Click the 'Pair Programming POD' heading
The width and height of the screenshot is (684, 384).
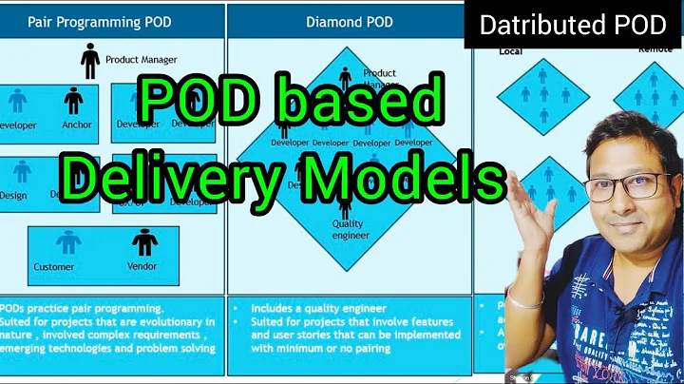100,20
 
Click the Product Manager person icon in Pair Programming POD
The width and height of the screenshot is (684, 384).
90,61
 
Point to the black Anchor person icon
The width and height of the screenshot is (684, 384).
73,101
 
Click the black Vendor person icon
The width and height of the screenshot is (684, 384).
143,243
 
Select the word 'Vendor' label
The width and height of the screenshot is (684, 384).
142,267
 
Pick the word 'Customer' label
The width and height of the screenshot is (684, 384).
55,267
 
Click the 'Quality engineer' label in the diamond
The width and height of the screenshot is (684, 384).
347,230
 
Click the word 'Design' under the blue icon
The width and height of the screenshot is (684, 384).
13,196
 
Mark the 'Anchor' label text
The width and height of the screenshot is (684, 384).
77,125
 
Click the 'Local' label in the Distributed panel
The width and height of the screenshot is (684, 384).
510,51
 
